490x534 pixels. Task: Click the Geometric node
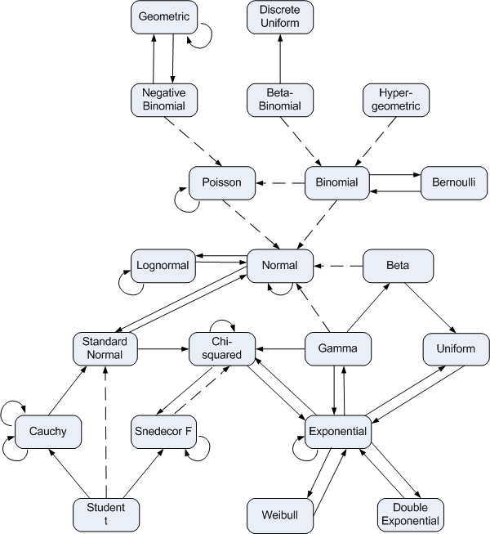pyautogui.click(x=163, y=16)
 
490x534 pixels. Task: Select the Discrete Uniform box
pyautogui.click(x=280, y=16)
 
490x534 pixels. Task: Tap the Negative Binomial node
pyautogui.click(x=163, y=99)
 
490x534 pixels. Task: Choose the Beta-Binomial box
pyautogui.click(x=280, y=99)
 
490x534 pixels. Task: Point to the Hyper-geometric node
pyautogui.click(x=396, y=99)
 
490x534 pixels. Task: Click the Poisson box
pyautogui.click(x=222, y=182)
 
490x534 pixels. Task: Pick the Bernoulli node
pyautogui.click(x=454, y=182)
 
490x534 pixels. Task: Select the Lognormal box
pyautogui.click(x=163, y=266)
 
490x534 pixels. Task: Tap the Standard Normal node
pyautogui.click(x=104, y=348)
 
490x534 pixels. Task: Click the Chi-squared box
pyautogui.click(x=222, y=348)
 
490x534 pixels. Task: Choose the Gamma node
pyautogui.click(x=338, y=348)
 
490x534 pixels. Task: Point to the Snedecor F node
pyautogui.click(x=163, y=431)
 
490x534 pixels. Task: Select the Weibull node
pyautogui.click(x=280, y=514)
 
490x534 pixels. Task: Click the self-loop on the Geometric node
pyautogui.click(x=203, y=37)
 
